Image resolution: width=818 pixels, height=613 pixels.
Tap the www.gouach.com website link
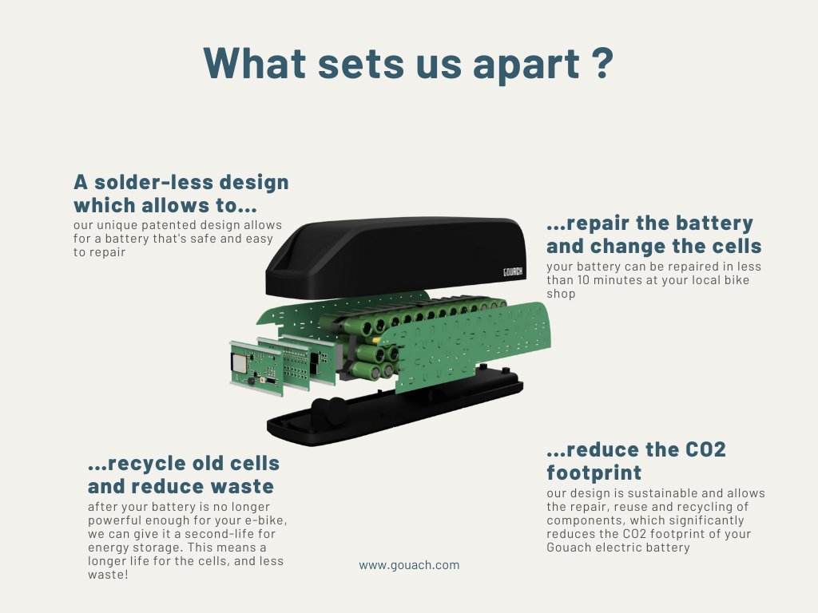coord(409,565)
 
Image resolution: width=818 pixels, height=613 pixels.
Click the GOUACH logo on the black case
coord(513,271)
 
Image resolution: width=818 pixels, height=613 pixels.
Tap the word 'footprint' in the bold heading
coord(594,473)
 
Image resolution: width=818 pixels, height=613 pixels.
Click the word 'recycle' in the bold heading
coord(146,463)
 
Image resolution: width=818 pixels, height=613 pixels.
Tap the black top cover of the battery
coord(383,255)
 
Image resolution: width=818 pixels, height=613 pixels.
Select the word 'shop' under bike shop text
coord(561,294)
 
